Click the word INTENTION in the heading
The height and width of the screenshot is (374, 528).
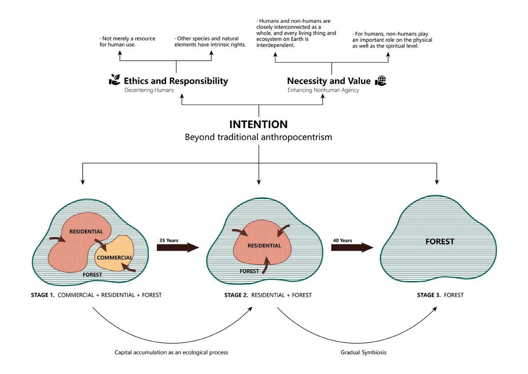[x=258, y=124]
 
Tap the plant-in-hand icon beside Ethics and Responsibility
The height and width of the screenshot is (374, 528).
[x=115, y=80]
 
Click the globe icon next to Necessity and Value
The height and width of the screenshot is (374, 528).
[x=381, y=81]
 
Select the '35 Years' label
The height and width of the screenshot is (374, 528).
[x=169, y=240]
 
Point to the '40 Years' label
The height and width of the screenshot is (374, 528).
[x=343, y=240]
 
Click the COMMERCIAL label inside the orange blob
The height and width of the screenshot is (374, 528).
[x=114, y=258]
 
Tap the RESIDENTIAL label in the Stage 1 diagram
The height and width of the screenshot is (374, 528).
[x=86, y=232]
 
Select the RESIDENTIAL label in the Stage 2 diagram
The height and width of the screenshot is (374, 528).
[x=264, y=246]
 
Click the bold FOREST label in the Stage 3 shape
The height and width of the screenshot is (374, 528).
[x=439, y=242]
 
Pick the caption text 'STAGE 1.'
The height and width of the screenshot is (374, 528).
[x=43, y=295]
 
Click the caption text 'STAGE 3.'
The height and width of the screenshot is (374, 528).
[x=429, y=295]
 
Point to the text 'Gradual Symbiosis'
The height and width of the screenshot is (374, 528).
[x=363, y=352]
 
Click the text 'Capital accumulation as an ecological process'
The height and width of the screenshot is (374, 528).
[x=171, y=352]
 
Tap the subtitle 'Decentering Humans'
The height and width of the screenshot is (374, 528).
[x=149, y=90]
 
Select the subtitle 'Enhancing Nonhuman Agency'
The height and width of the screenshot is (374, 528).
[x=323, y=90]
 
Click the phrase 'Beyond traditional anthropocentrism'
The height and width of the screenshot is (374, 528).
[x=258, y=137]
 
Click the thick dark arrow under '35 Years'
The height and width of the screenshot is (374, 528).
[x=177, y=248]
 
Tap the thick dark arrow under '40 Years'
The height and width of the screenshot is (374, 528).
[x=352, y=248]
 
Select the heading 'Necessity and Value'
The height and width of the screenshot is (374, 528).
[x=329, y=81]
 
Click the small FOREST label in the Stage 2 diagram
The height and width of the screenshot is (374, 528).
[x=249, y=271]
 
